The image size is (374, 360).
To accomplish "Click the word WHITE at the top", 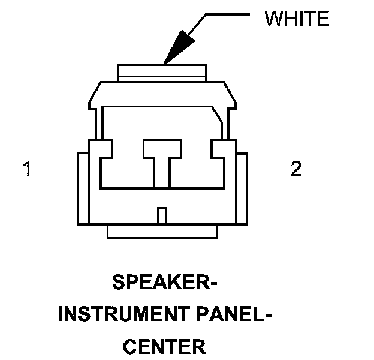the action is click(x=297, y=19).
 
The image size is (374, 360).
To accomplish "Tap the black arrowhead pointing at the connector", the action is click(x=178, y=47).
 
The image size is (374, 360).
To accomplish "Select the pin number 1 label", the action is click(x=27, y=169).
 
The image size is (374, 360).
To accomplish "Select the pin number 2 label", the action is click(x=296, y=169).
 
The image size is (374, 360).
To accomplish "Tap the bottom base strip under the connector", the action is click(x=162, y=232).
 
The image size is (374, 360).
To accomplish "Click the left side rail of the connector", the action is click(x=82, y=189).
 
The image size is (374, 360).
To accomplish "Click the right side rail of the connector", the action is click(x=242, y=189).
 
